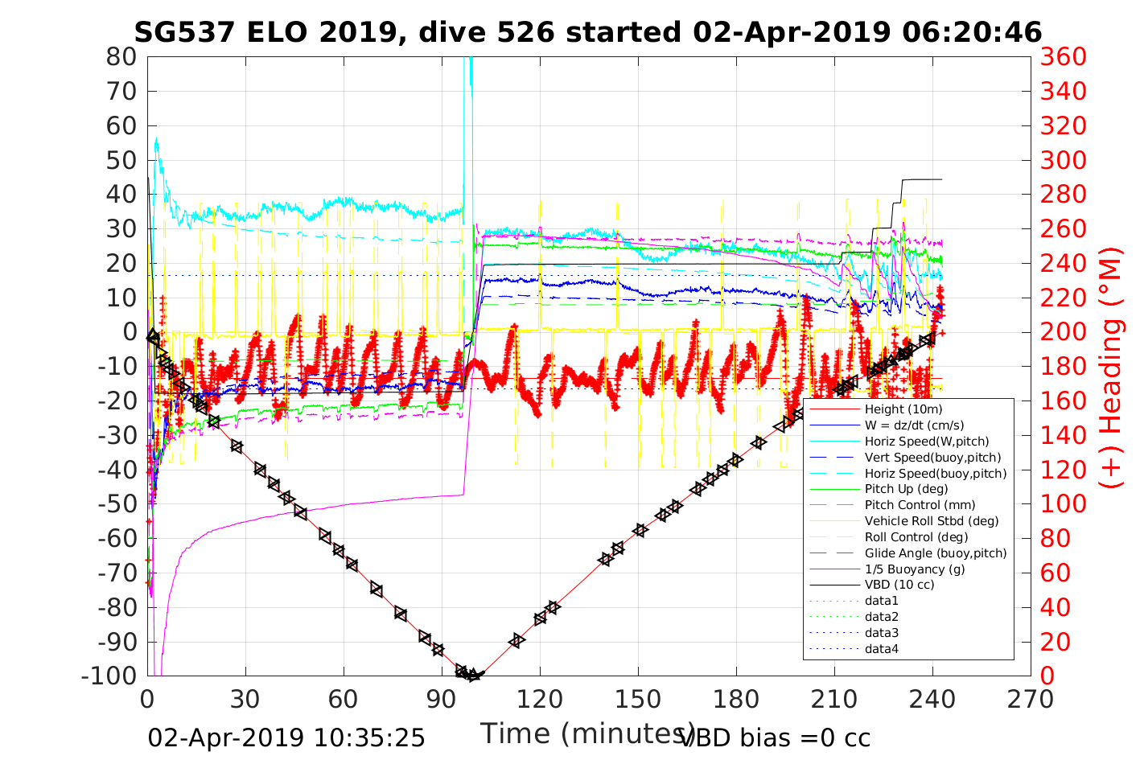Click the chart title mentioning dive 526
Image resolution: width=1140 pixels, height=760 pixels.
[587, 32]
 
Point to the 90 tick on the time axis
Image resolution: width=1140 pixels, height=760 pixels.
[442, 699]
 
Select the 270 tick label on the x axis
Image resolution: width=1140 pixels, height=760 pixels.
[1031, 699]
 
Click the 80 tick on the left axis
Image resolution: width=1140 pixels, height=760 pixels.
[121, 57]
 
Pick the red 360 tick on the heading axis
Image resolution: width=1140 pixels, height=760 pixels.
[1064, 57]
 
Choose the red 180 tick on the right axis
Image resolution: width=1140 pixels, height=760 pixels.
[1064, 367]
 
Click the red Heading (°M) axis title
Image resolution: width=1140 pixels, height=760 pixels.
[1112, 367]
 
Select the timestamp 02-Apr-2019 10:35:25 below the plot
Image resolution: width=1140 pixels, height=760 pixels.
[286, 737]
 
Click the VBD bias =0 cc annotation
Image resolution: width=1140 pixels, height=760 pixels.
[775, 737]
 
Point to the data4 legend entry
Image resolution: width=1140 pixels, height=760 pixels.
[881, 648]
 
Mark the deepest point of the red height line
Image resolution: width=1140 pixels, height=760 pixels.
[475, 675]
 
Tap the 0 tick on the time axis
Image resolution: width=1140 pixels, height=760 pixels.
[147, 699]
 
